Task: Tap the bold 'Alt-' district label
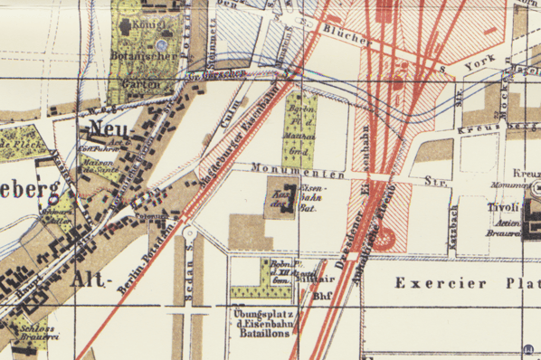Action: (x=94, y=279)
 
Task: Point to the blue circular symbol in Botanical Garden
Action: (x=162, y=44)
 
